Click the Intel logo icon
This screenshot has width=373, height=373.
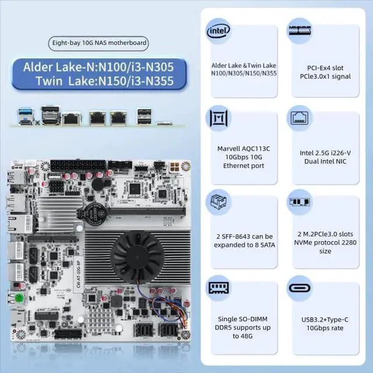tap(219, 31)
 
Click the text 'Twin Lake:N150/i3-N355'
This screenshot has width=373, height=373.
tap(104, 82)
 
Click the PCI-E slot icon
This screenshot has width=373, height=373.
tap(301, 31)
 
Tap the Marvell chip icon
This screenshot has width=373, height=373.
tap(219, 118)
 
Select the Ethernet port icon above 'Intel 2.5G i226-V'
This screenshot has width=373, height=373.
tap(301, 118)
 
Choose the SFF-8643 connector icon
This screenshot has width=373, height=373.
tap(219, 205)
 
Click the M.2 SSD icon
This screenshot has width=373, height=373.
tap(301, 205)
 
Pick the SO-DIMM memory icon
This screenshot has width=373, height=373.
tap(219, 290)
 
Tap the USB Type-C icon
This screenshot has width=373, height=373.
tap(301, 290)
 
